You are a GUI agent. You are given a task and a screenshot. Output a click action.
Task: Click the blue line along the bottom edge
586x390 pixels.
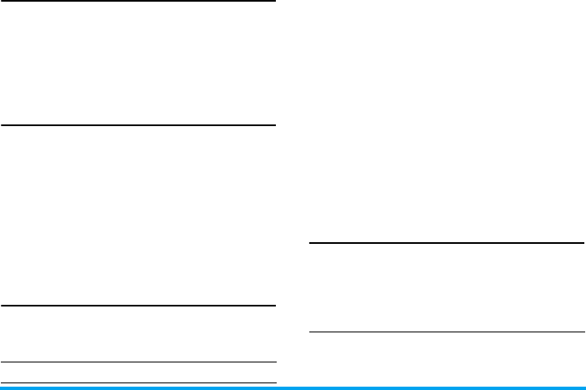pyautogui.click(x=293, y=387)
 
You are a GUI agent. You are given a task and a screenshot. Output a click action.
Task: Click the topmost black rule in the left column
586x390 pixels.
pyautogui.click(x=138, y=2)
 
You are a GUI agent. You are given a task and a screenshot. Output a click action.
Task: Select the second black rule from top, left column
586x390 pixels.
pyautogui.click(x=138, y=125)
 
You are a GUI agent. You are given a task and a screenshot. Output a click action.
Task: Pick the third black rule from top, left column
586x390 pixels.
pyautogui.click(x=138, y=306)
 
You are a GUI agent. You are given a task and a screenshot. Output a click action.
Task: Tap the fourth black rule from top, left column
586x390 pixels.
pyautogui.click(x=138, y=362)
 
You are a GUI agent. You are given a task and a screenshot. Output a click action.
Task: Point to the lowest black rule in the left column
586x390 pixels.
pyautogui.click(x=138, y=382)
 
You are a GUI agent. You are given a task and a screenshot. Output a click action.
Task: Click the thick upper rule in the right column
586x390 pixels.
pyautogui.click(x=446, y=244)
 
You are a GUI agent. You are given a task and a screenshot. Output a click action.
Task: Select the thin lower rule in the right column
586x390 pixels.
pyautogui.click(x=446, y=332)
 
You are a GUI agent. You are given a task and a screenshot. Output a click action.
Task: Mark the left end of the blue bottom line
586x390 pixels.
pyautogui.click(x=2, y=387)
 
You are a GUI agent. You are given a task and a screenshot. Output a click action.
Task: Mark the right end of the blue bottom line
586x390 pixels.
pyautogui.click(x=583, y=387)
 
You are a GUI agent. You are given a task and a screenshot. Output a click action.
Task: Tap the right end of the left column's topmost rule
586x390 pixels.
pyautogui.click(x=274, y=2)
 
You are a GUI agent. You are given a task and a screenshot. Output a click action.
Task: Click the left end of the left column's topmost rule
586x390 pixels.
pyautogui.click(x=2, y=2)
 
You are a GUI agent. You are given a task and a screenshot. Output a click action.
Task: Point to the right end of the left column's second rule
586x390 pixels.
pyautogui.click(x=274, y=125)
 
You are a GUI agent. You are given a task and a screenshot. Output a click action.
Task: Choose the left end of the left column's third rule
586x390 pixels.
pyautogui.click(x=2, y=306)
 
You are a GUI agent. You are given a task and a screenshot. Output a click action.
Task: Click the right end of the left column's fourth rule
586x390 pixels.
pyautogui.click(x=274, y=362)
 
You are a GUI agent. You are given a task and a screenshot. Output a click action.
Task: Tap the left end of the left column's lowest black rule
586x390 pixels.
pyautogui.click(x=2, y=382)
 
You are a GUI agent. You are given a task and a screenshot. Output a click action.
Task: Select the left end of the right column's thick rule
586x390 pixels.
pyautogui.click(x=310, y=244)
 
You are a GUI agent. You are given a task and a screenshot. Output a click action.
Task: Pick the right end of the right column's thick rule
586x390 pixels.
pyautogui.click(x=583, y=244)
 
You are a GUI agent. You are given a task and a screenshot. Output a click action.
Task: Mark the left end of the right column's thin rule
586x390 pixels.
pyautogui.click(x=310, y=332)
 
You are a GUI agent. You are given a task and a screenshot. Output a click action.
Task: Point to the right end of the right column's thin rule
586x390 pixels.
pyautogui.click(x=583, y=332)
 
